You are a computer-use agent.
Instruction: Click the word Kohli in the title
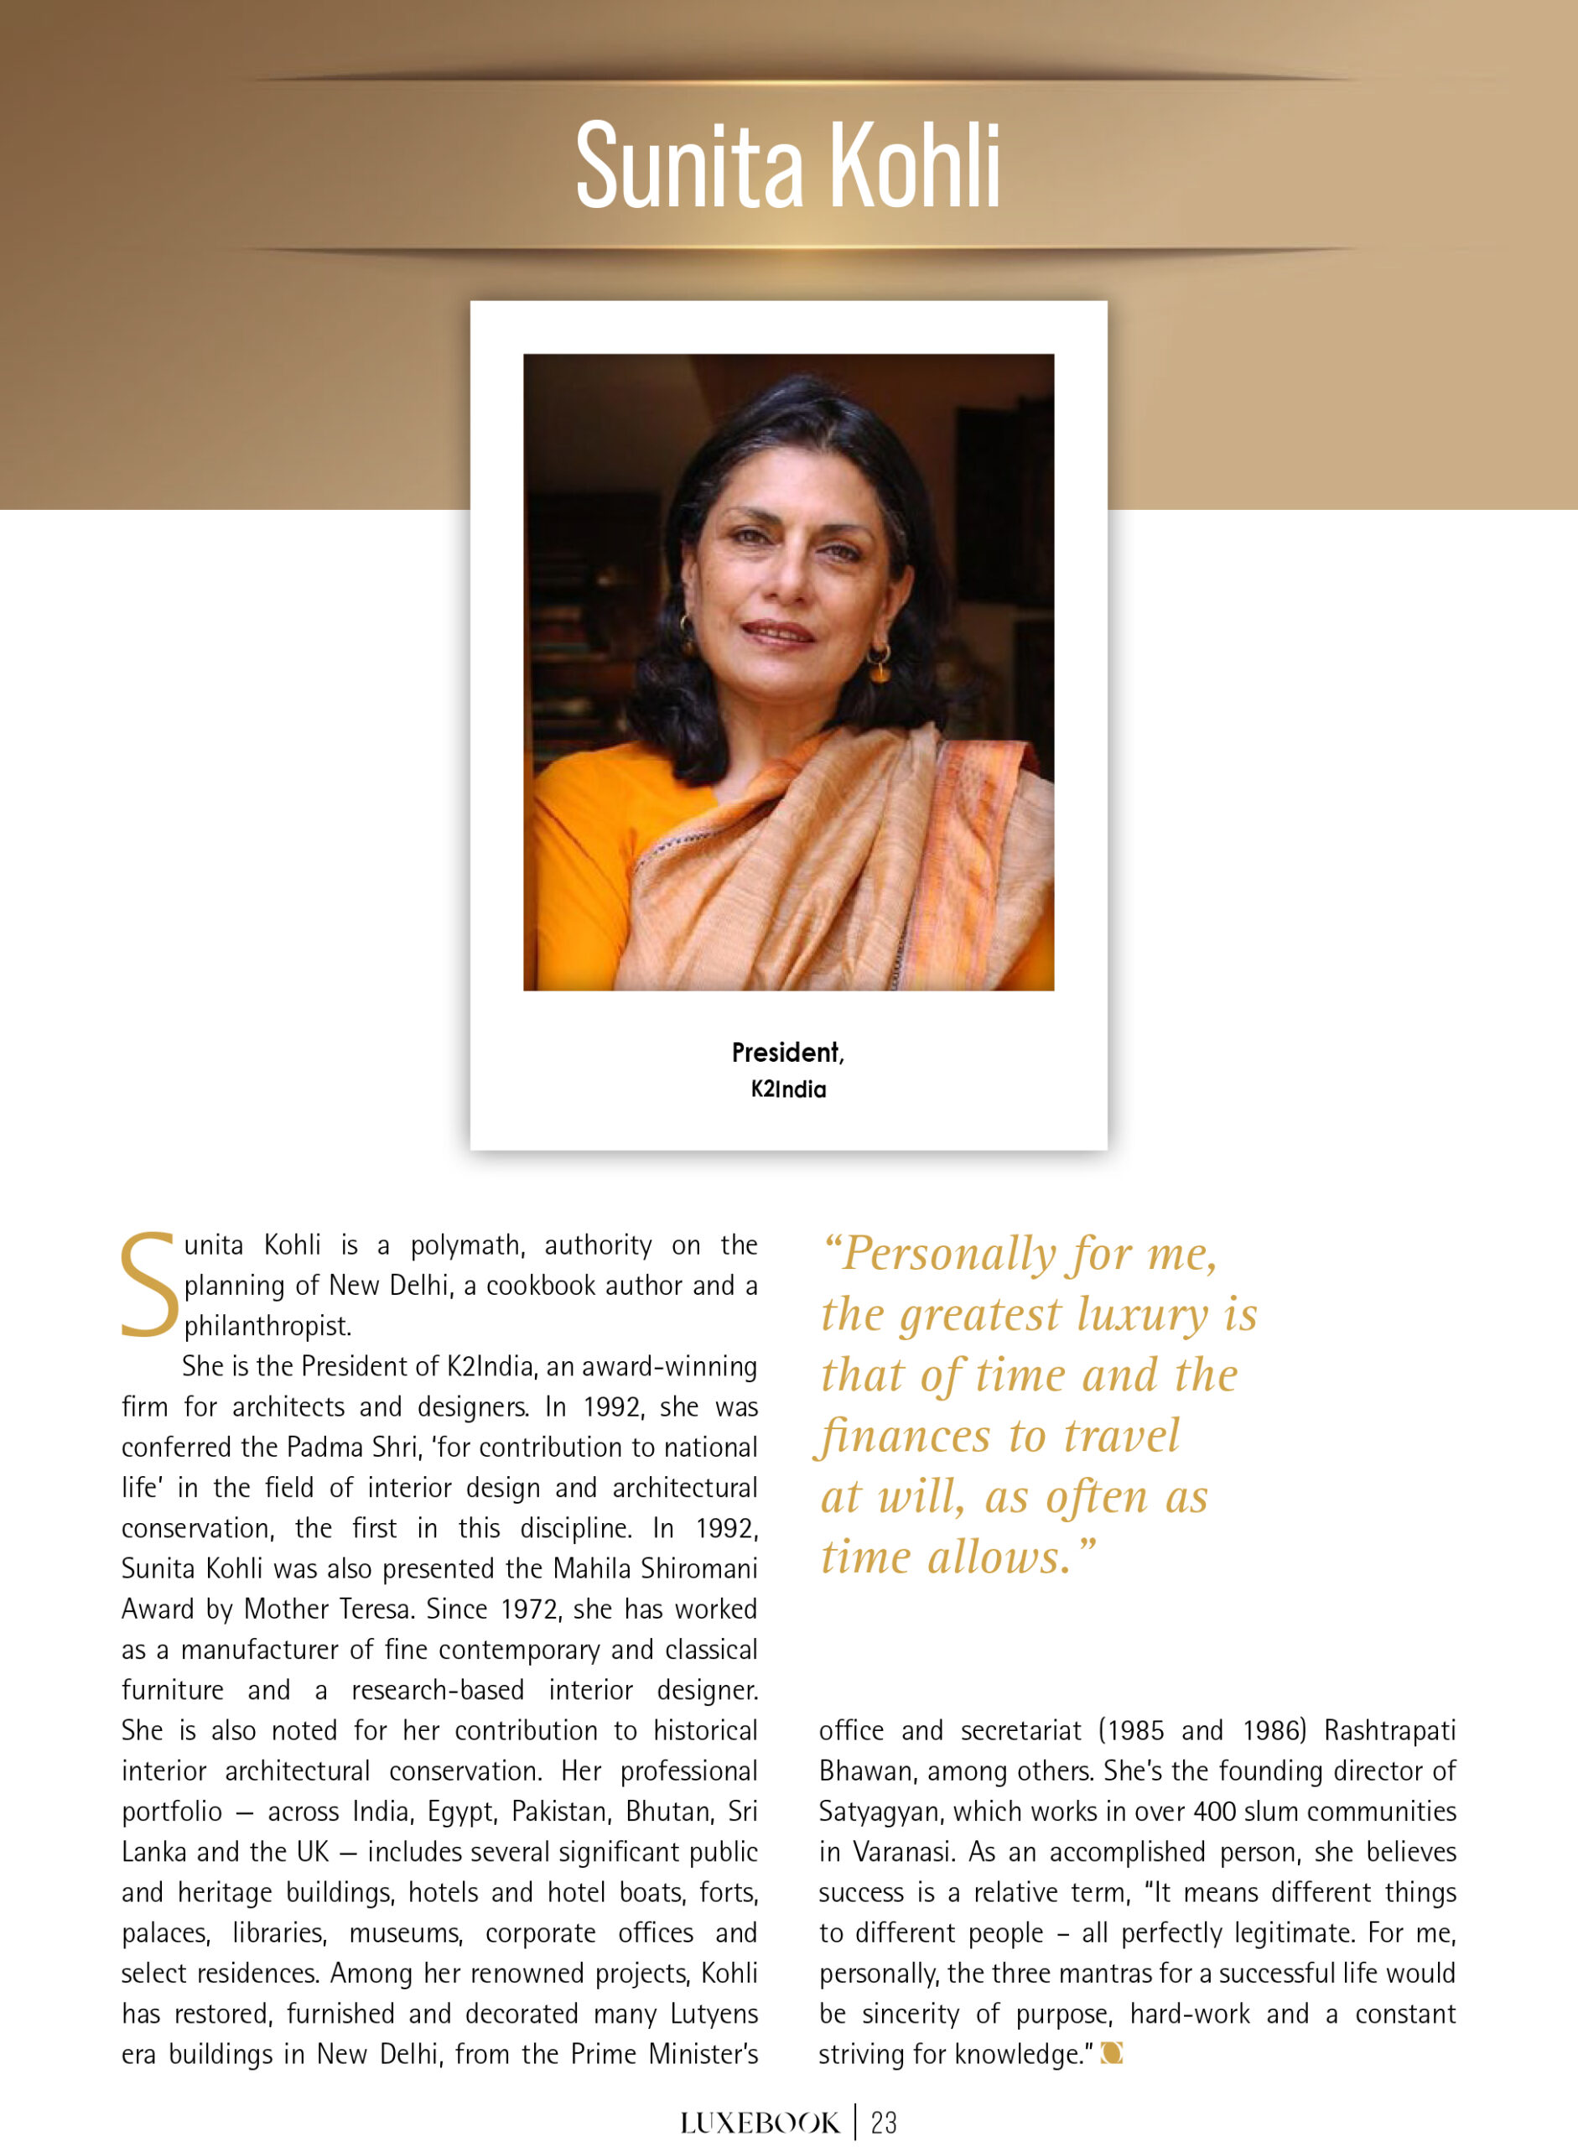915,164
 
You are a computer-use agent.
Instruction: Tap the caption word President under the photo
785,1053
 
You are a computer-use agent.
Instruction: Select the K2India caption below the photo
788,1089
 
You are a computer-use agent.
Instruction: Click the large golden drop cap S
148,1285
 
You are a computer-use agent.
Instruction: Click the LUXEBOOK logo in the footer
760,2124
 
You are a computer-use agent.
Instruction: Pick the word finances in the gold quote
903,1436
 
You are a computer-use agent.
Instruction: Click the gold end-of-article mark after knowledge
1111,2053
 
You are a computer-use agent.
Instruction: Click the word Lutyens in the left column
714,2013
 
